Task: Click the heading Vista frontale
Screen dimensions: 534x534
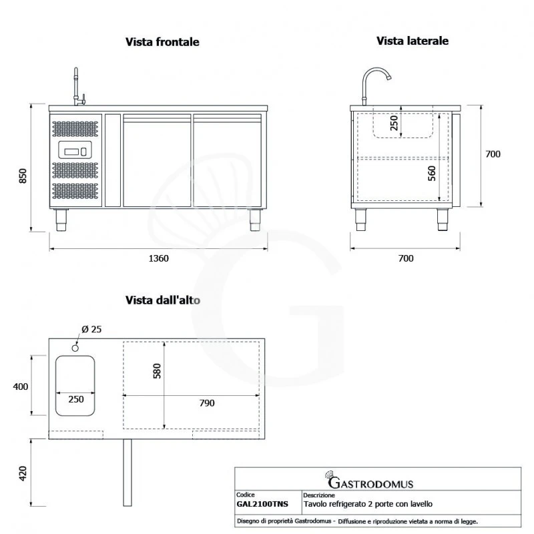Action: click(x=162, y=42)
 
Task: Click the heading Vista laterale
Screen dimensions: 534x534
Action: click(x=412, y=41)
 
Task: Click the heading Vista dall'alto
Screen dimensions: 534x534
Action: click(x=163, y=300)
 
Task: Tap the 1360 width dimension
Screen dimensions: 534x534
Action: click(x=158, y=258)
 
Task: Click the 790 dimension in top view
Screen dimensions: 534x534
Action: click(x=207, y=403)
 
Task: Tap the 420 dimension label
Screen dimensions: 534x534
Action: click(x=22, y=473)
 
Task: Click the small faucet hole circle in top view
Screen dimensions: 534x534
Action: click(x=75, y=346)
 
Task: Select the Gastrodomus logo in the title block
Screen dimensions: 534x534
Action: click(x=368, y=482)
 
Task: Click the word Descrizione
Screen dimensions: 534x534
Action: click(x=318, y=496)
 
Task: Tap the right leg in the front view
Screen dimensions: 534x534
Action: click(x=255, y=220)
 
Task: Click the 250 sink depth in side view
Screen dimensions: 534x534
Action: click(x=394, y=122)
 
